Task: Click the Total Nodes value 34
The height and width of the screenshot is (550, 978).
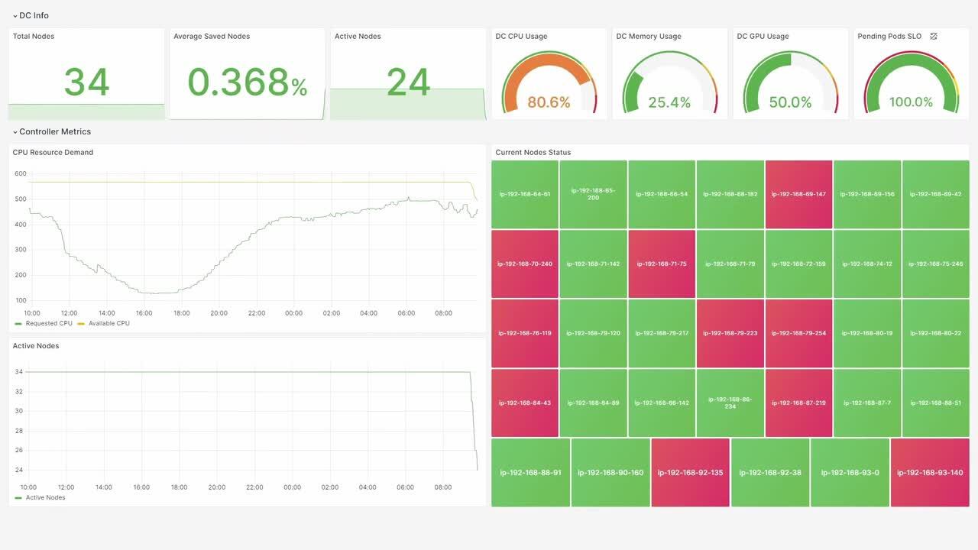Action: [86, 82]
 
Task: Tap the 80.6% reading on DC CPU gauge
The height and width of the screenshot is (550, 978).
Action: [549, 102]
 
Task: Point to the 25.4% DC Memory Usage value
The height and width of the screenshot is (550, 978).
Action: [669, 102]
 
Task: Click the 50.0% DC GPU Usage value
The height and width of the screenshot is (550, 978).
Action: [790, 102]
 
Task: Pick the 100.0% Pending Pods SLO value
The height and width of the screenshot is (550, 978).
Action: [911, 102]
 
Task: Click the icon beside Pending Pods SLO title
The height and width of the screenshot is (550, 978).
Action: [934, 36]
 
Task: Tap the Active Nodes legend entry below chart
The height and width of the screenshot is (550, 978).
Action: [45, 497]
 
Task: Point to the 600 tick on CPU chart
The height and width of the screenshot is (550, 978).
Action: [21, 174]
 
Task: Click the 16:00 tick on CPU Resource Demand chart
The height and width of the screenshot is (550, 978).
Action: [144, 313]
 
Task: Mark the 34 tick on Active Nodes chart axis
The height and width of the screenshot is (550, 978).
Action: [19, 372]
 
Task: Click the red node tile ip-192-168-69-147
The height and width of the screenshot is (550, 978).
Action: [798, 194]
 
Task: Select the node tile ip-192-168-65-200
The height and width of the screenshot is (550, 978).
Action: [593, 194]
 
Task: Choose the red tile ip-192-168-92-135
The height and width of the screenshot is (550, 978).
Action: [691, 472]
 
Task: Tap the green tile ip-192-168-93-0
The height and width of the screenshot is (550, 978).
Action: [850, 472]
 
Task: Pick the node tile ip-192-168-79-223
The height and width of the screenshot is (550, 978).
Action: [730, 333]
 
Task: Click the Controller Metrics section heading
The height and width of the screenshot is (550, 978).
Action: [55, 131]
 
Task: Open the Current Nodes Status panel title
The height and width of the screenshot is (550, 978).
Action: [533, 152]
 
